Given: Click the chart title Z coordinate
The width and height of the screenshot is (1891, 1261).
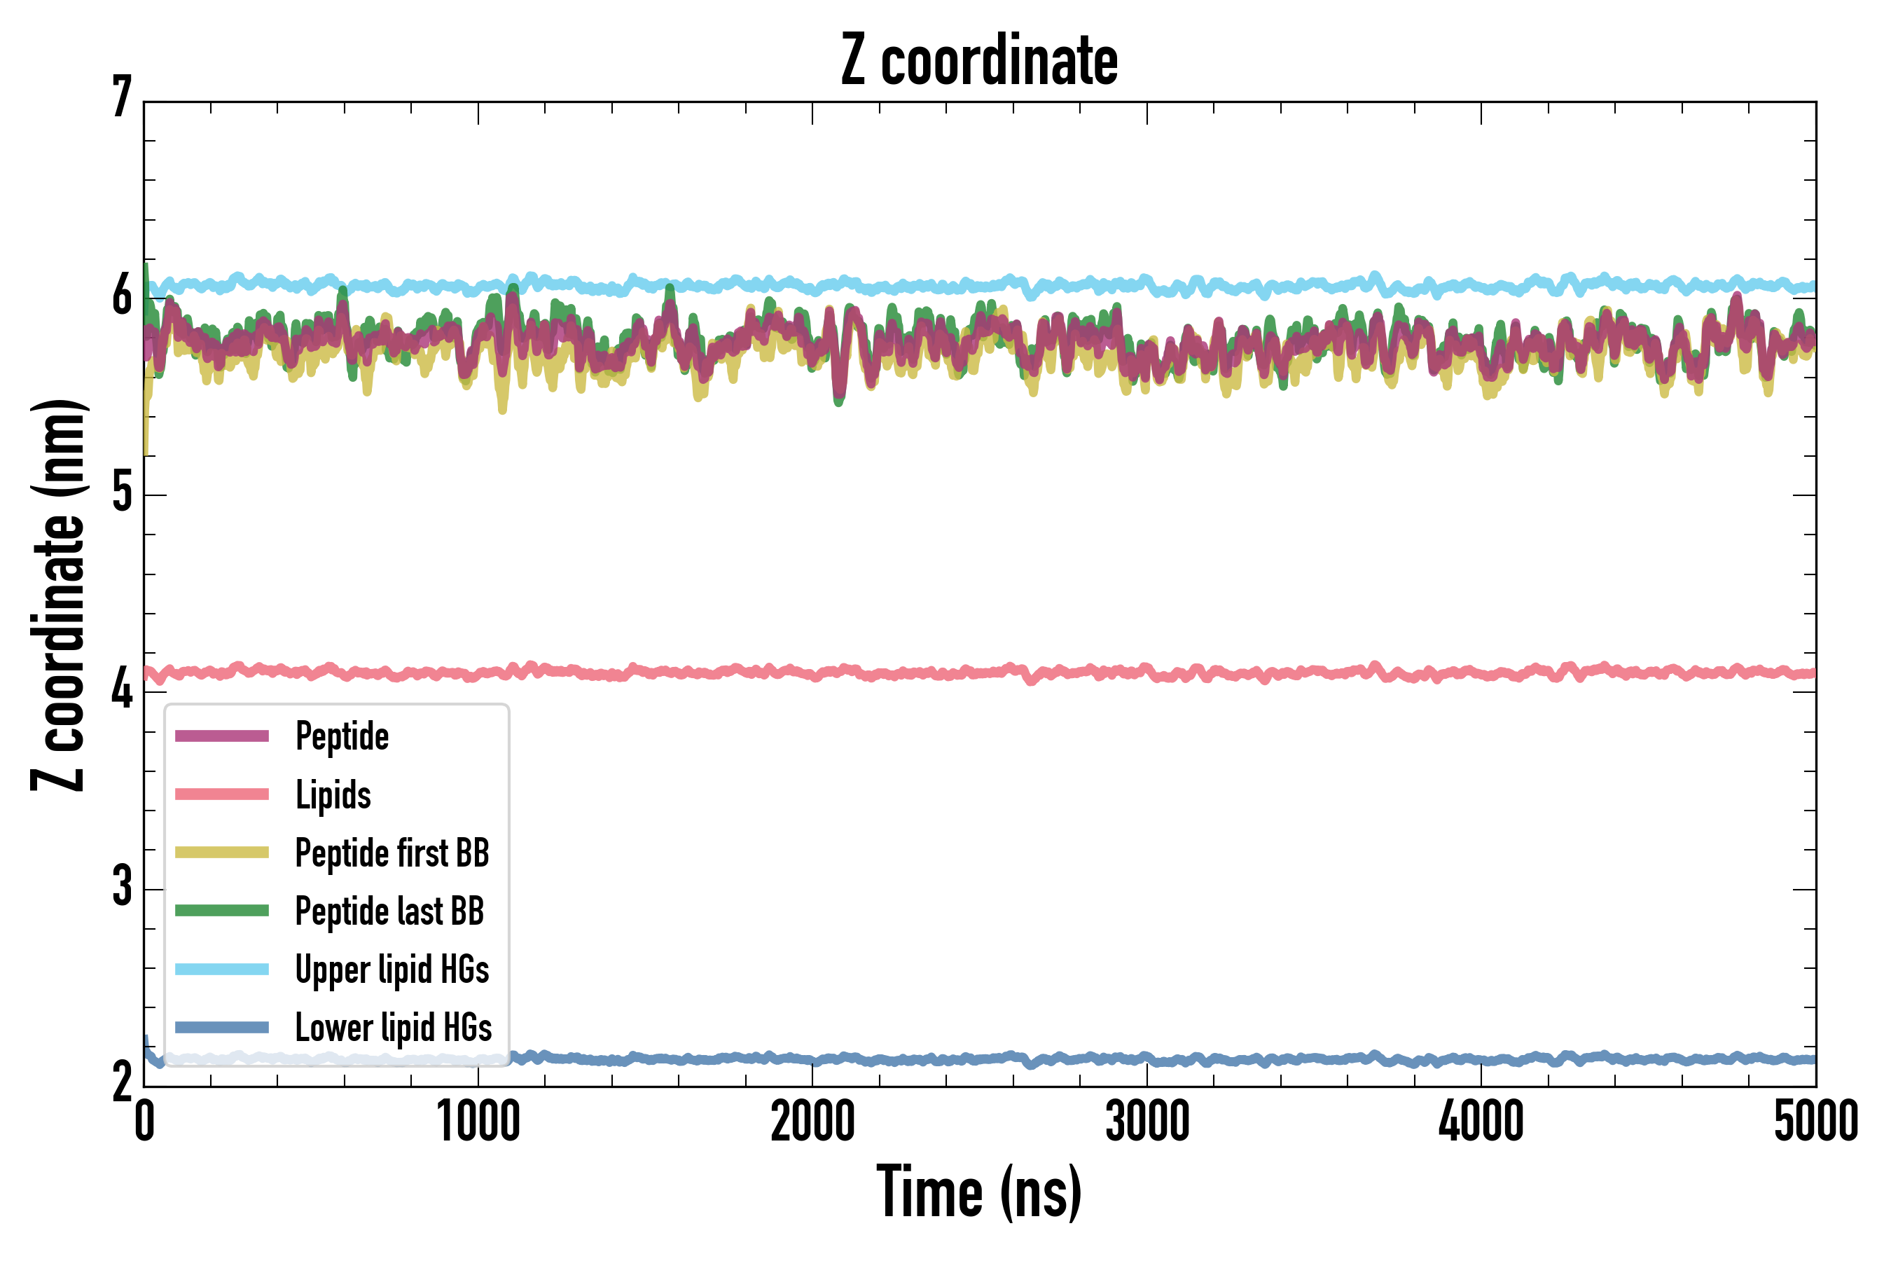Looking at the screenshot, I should [x=978, y=61].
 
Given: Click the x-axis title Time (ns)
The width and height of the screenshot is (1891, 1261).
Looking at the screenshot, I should [x=978, y=1192].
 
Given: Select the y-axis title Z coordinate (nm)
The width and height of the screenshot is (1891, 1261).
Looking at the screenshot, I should [x=58, y=595].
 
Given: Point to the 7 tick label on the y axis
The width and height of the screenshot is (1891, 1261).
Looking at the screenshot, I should [x=122, y=98].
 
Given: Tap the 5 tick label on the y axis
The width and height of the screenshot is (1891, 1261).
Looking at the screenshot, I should [x=122, y=492].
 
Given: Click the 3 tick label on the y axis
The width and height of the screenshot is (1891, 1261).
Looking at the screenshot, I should [x=122, y=886].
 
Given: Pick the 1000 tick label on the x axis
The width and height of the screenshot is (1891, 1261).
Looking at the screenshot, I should [x=478, y=1122].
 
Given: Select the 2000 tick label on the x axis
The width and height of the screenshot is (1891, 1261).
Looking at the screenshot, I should [x=812, y=1122].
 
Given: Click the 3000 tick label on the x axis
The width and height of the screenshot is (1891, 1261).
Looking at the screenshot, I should [x=1147, y=1122].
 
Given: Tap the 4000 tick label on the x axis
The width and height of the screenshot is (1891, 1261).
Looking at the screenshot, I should [x=1481, y=1122].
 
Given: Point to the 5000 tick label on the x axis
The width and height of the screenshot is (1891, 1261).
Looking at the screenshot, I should [x=1815, y=1122].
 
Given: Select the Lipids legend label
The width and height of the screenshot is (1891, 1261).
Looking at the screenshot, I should [x=333, y=794].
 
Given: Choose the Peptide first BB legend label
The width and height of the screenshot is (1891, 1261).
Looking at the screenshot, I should [x=392, y=853].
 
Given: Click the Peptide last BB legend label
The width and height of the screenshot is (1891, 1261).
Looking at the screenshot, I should [x=390, y=911].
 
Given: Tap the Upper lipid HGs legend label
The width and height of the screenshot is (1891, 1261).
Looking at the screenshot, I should [x=392, y=970].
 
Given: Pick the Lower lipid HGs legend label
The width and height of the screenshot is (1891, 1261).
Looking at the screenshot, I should [x=394, y=1028].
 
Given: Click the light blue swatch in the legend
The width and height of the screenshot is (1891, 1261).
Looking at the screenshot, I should [x=222, y=969].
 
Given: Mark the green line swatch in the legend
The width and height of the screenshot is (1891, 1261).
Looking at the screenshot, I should [x=222, y=910].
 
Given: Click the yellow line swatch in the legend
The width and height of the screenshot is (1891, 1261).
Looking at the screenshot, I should [x=222, y=853].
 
